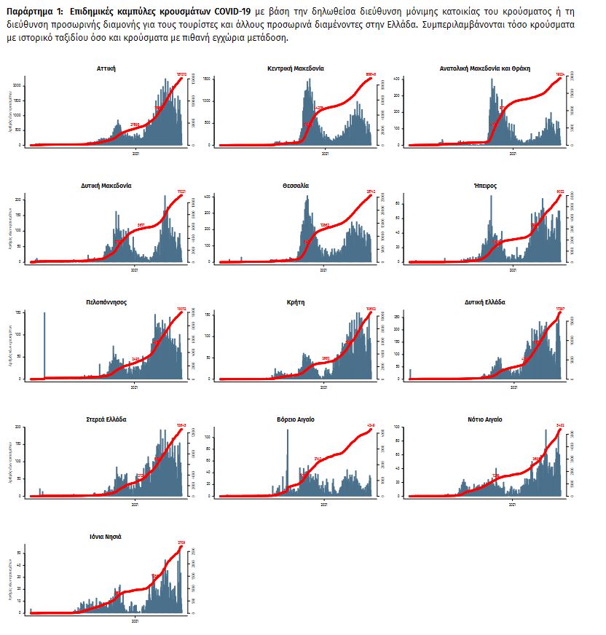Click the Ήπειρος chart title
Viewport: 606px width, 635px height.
[485, 185]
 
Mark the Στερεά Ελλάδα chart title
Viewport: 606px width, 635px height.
[106, 419]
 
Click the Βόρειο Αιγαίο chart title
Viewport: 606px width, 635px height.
[296, 419]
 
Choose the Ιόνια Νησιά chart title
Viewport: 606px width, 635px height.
[106, 537]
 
